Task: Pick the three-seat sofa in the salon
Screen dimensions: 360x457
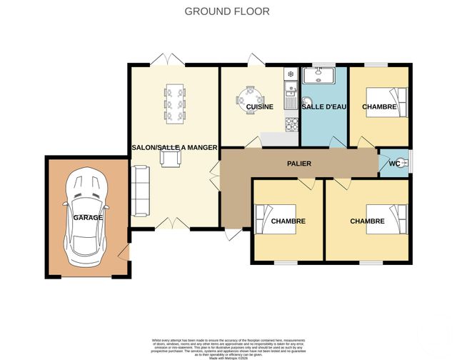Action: (139, 190)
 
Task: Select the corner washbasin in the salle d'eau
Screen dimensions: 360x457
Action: (307, 101)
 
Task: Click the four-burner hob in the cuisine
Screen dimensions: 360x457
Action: (291, 124)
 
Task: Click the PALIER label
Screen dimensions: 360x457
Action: (298, 164)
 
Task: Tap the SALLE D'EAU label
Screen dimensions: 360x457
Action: (323, 107)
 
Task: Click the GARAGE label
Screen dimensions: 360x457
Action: (88, 217)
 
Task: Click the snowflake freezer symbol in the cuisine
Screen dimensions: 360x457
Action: (290, 74)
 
